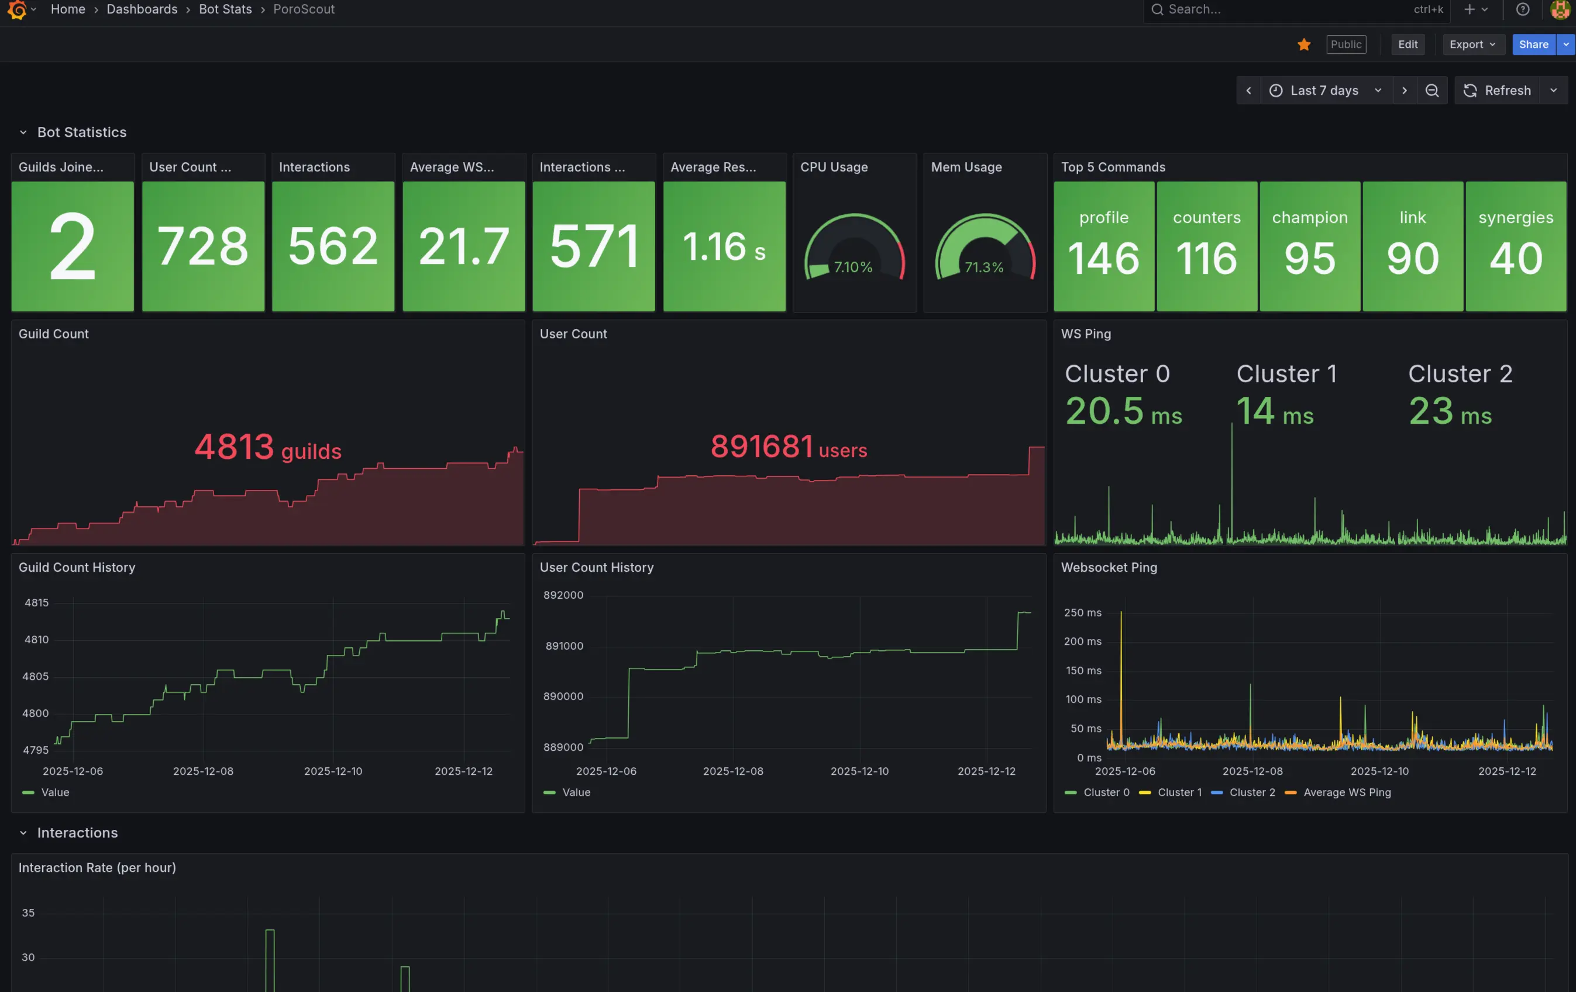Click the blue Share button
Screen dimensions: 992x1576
tap(1532, 44)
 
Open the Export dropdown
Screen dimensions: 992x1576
tap(1471, 44)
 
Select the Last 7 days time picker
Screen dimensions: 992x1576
tap(1324, 90)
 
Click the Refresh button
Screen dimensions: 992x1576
tap(1498, 90)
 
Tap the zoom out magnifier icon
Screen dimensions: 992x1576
tap(1432, 90)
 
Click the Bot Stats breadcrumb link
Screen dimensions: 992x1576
tap(225, 9)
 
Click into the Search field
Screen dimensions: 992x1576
tap(1276, 9)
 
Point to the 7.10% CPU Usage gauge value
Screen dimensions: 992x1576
tap(853, 267)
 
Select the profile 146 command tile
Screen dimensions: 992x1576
tap(1103, 246)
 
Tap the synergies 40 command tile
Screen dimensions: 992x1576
tap(1515, 246)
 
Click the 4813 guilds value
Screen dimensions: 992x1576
tap(268, 448)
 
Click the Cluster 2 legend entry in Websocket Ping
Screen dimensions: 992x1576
tap(1251, 792)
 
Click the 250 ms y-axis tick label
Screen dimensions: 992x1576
tap(1082, 613)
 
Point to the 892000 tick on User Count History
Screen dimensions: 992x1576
tap(563, 595)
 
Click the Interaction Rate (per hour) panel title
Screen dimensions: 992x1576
tap(97, 867)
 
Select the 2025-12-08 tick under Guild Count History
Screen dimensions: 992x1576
tap(203, 771)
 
